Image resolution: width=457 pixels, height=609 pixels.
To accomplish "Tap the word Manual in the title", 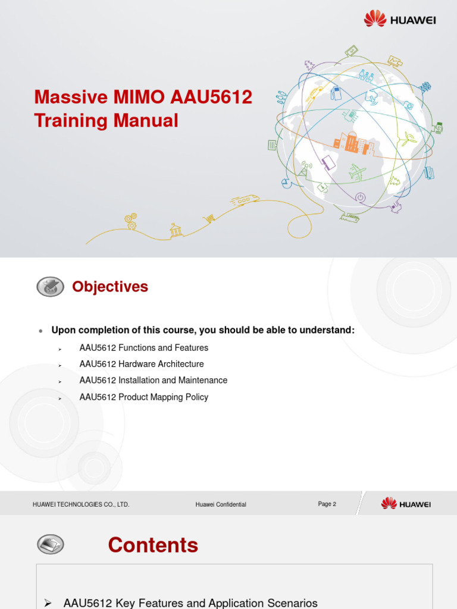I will point(146,121).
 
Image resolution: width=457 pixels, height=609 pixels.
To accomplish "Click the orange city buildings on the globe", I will point(353,143).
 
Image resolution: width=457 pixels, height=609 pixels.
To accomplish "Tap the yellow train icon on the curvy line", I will point(245,200).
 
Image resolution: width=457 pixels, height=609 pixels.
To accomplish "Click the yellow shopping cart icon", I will point(209,219).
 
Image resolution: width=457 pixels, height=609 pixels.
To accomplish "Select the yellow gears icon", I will point(131,221).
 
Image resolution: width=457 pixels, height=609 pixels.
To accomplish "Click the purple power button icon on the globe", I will point(360,197).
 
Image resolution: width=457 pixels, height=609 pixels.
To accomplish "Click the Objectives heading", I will point(110,287).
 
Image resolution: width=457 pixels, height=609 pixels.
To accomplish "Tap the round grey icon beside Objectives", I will point(51,287).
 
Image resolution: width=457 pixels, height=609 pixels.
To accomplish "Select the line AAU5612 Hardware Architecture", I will point(142,364).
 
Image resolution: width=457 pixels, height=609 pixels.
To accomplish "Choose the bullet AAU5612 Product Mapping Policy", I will point(144,397).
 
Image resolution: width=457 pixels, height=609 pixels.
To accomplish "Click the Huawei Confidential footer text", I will point(221,504).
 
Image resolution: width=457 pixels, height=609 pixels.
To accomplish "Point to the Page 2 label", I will point(327,504).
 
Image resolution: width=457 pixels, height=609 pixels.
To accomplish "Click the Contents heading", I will point(153,545).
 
